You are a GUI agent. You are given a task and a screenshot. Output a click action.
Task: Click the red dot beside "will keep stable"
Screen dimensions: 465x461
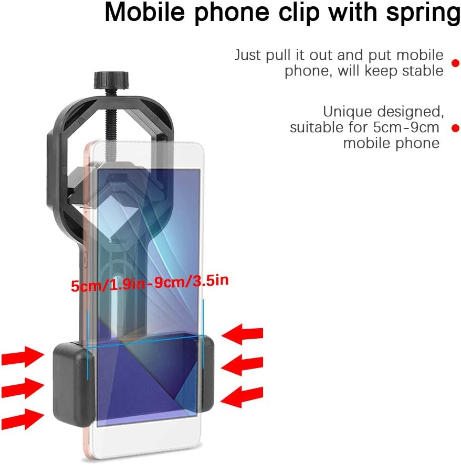point(455,62)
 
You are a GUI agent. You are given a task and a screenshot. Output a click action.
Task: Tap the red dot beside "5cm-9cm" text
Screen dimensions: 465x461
point(455,127)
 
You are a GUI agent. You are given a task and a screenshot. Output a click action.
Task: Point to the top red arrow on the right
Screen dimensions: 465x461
point(242,333)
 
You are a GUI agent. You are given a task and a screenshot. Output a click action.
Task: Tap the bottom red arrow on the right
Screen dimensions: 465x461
point(242,397)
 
